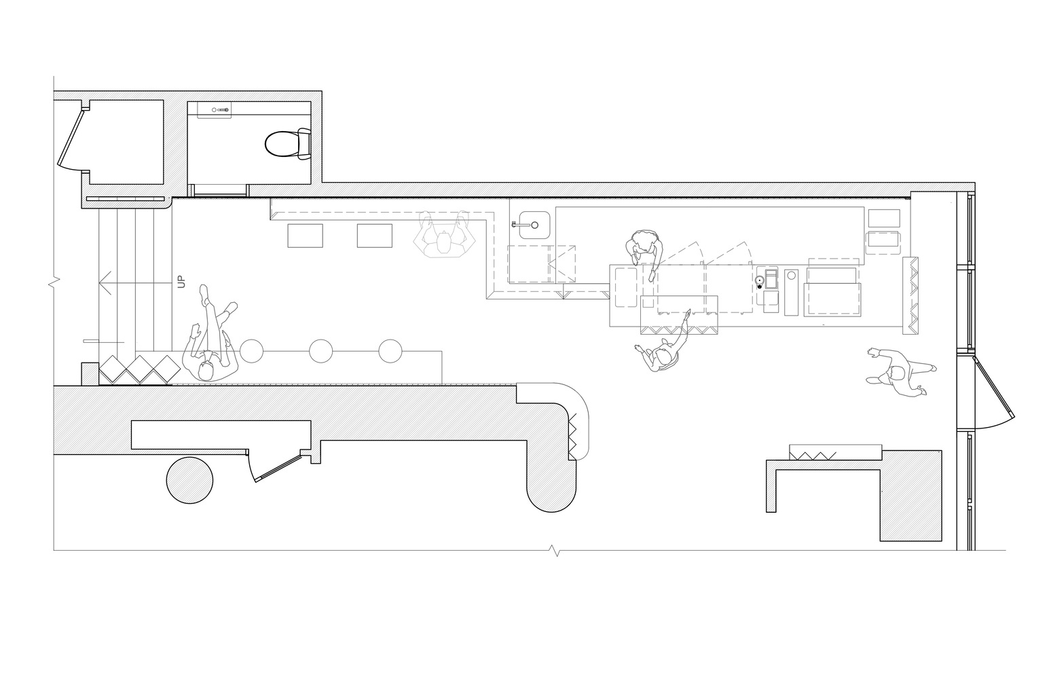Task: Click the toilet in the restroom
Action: (x=287, y=144)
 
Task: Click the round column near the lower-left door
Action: (x=189, y=481)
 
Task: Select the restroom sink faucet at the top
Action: (x=221, y=110)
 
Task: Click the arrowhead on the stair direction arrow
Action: (x=105, y=283)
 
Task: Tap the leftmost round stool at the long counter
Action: (x=251, y=351)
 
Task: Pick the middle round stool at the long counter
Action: (x=320, y=351)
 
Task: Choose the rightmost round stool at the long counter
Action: (x=390, y=351)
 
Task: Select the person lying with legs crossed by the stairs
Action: (x=210, y=335)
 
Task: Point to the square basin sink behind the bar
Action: (x=534, y=225)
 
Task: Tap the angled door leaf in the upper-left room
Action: (x=72, y=138)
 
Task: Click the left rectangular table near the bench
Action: (x=306, y=236)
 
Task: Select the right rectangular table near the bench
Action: (x=375, y=236)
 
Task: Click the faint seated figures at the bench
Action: (x=444, y=234)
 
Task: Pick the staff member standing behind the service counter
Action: (x=644, y=253)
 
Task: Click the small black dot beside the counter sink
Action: (x=760, y=286)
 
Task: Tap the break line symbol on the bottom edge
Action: (x=556, y=550)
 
